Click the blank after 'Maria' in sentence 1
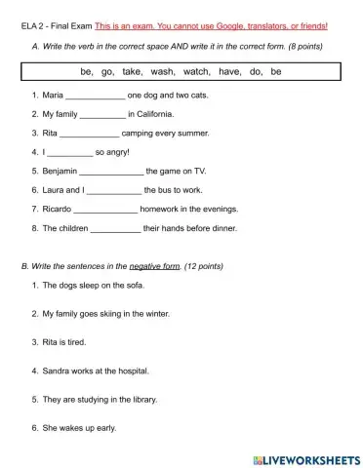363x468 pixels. coord(95,97)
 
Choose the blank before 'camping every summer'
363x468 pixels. coord(89,132)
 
